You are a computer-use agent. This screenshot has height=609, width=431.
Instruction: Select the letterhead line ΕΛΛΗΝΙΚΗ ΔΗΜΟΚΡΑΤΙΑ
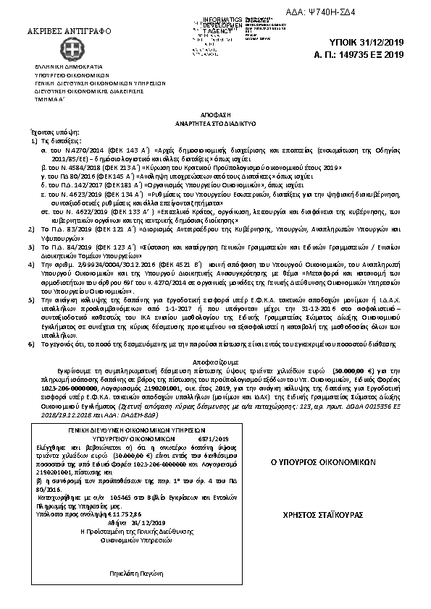tap(70, 67)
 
